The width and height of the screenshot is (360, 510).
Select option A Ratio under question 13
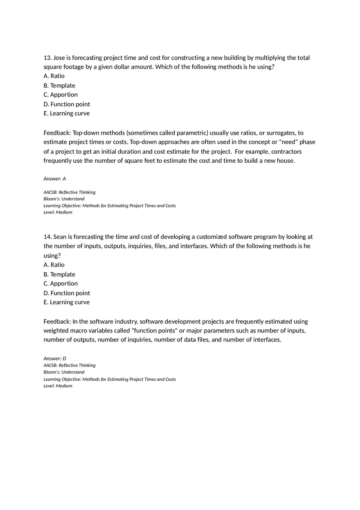[54, 76]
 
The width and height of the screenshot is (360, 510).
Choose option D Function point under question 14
[67, 293]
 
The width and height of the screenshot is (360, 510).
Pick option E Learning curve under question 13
[66, 113]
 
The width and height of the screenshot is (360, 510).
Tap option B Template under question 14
[59, 274]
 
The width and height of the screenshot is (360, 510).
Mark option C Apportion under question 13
[61, 95]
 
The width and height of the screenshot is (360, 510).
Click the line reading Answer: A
[54, 179]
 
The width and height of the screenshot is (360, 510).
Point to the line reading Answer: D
[55, 358]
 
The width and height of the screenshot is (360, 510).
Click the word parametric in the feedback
[193, 133]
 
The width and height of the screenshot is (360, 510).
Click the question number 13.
[47, 58]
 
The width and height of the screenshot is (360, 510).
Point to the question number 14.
[47, 237]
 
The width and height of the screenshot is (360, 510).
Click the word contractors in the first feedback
[286, 152]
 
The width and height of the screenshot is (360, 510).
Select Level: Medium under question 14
[58, 386]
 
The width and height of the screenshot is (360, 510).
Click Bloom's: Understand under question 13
[64, 199]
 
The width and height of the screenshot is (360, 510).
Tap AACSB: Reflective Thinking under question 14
[70, 365]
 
